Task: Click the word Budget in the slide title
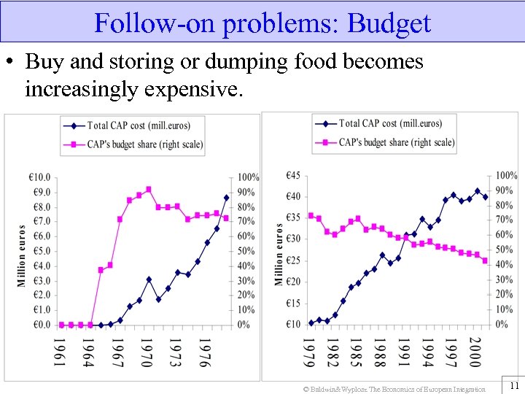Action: tap(389, 23)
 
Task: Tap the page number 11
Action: tap(513, 385)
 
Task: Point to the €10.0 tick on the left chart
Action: tap(39, 177)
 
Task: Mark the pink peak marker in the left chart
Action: tap(149, 190)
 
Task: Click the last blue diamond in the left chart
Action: tap(226, 198)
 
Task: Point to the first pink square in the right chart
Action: tap(311, 215)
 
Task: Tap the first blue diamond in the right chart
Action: tap(311, 322)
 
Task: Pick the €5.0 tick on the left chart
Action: tap(39, 251)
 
